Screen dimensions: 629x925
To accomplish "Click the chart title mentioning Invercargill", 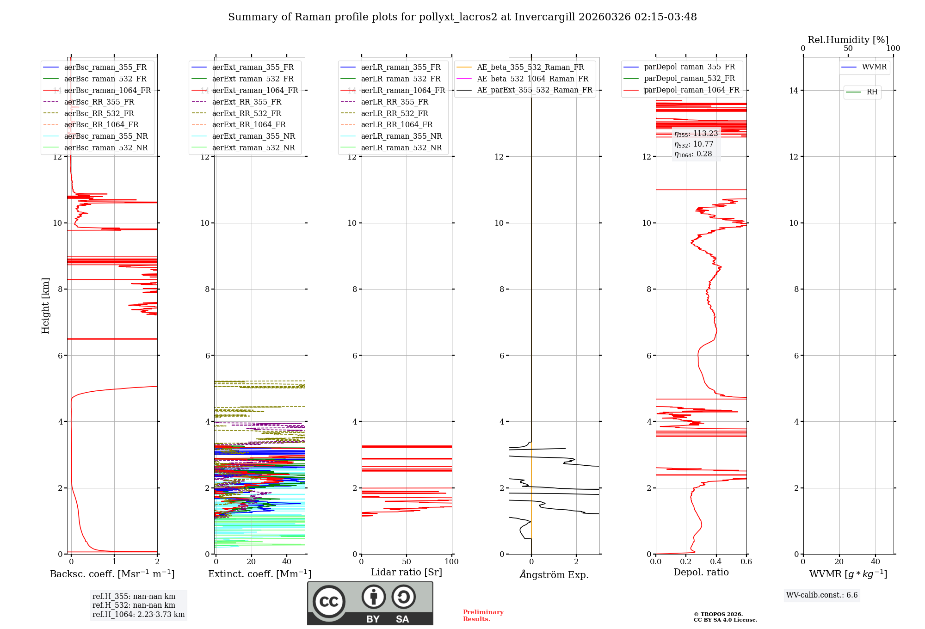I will (462, 17).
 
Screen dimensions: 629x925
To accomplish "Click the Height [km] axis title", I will (45, 306).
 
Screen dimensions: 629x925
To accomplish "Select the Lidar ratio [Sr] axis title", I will (407, 573).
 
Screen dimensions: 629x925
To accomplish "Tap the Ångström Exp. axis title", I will (554, 575).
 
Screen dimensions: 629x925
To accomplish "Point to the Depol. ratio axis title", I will (701, 573).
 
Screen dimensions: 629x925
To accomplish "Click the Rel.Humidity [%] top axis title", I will (848, 40).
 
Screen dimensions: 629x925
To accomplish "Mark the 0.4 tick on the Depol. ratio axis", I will (716, 562).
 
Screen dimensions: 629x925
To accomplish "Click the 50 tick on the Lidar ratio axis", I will (407, 562).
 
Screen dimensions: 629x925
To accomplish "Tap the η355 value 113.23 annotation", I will (696, 134).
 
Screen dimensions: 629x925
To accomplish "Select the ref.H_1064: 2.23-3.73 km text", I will (138, 615).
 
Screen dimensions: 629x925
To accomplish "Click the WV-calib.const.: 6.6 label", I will (822, 595).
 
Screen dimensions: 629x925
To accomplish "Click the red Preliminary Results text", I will (483, 616).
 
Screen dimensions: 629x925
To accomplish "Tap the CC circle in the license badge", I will (329, 602).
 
